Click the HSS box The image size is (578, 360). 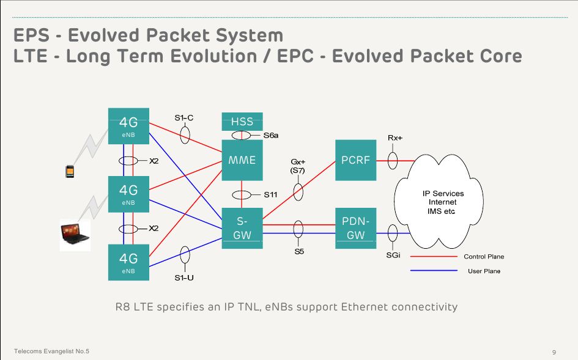tap(242, 121)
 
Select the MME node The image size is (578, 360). tap(242, 160)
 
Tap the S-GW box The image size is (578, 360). tap(242, 228)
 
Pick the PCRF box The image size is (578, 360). tap(355, 160)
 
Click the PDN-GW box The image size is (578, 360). tap(355, 228)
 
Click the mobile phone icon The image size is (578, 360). tap(70, 171)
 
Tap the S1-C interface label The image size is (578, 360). tap(183, 118)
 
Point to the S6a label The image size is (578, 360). tap(271, 135)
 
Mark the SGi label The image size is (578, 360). tap(393, 255)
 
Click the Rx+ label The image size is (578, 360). tap(395, 138)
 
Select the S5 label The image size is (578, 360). tap(298, 251)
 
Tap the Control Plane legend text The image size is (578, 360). tap(484, 257)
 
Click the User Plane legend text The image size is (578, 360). tap(484, 271)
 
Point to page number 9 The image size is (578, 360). tap(554, 352)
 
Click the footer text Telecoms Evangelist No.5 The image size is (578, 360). tap(52, 351)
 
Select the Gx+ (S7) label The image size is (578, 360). tap(298, 166)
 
